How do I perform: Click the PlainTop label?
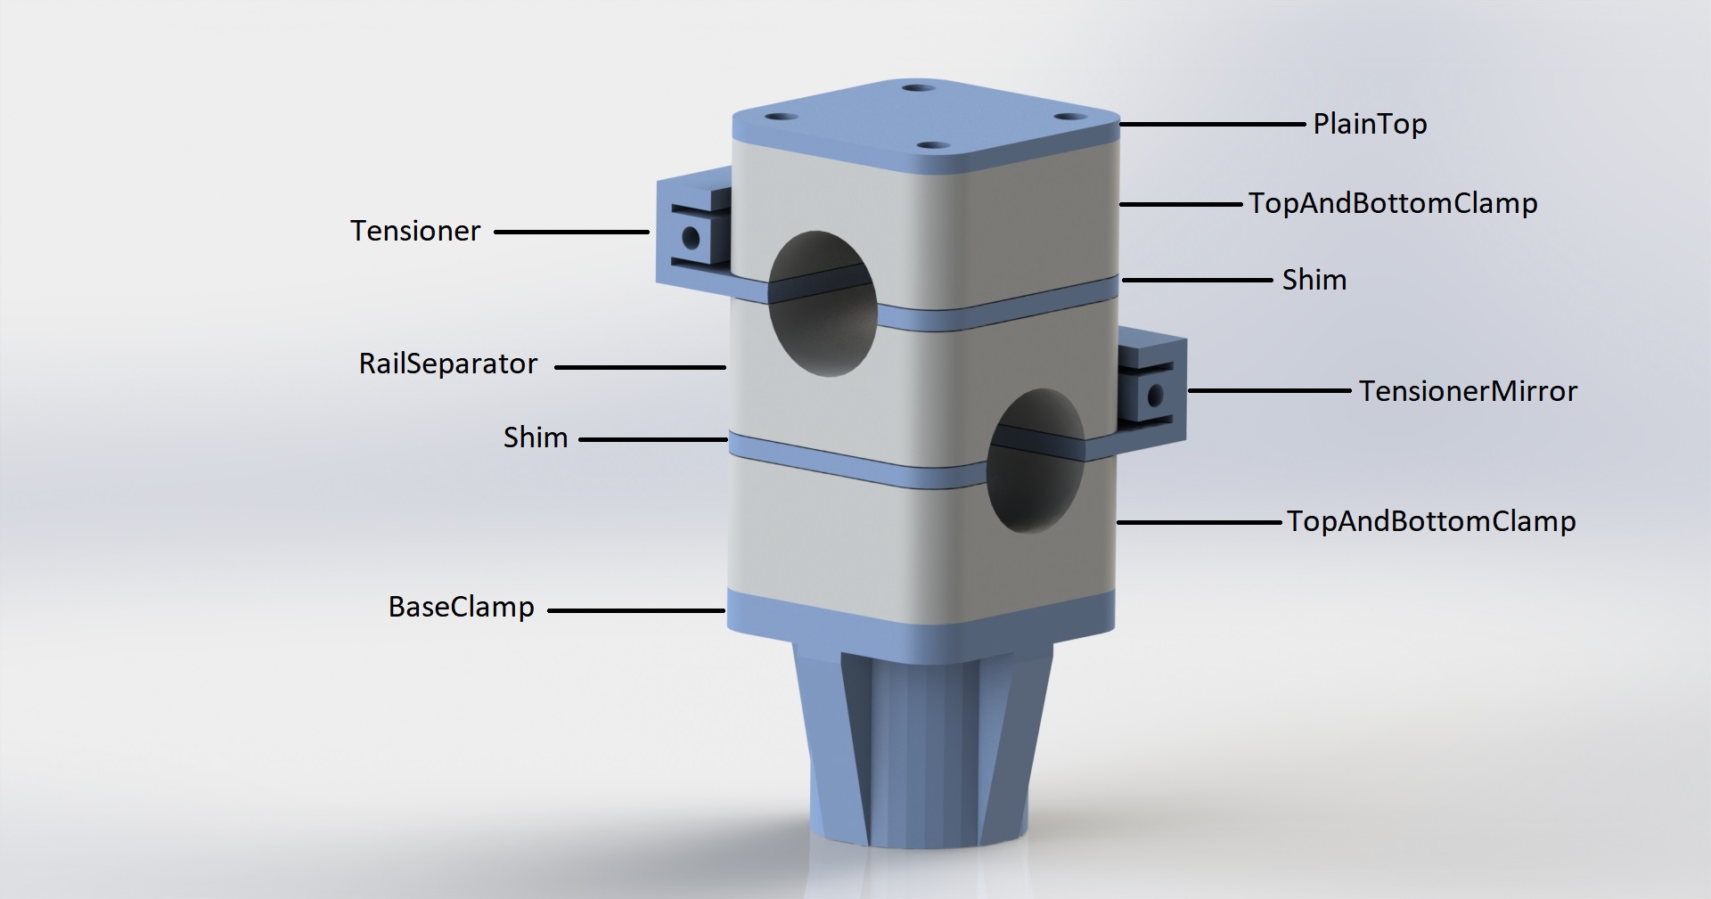[x=1370, y=125]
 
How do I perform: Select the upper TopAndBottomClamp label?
[x=1393, y=204]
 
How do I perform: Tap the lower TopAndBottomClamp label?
[x=1431, y=522]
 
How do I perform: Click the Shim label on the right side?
[x=1314, y=280]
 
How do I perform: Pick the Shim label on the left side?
[x=536, y=437]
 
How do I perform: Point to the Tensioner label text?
[x=415, y=231]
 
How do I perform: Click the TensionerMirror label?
[x=1468, y=391]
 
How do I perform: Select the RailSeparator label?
[x=448, y=364]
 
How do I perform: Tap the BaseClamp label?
[x=462, y=608]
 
